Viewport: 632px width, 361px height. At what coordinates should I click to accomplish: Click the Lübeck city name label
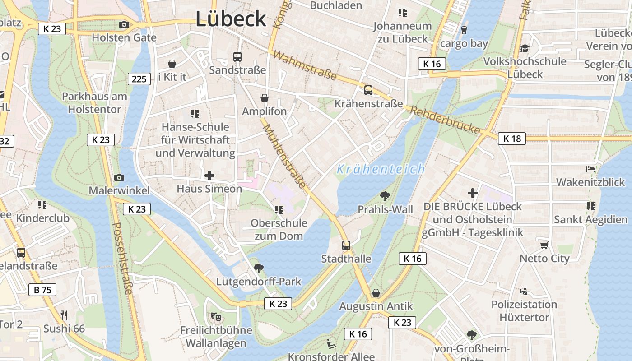click(231, 19)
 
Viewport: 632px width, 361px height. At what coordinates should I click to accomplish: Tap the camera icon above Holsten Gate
click(124, 24)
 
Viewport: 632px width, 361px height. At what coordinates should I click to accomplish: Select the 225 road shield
click(139, 79)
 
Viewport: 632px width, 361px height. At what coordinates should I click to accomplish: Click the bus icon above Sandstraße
click(237, 56)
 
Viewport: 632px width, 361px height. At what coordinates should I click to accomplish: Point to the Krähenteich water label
click(381, 169)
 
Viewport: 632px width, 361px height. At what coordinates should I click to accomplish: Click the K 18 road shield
click(512, 139)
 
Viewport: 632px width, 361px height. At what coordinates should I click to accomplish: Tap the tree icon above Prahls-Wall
click(385, 196)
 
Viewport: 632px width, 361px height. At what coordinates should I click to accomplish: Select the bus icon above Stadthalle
click(346, 245)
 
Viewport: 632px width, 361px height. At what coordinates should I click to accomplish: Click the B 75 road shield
click(42, 290)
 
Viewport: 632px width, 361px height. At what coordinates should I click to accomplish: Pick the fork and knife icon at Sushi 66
click(64, 315)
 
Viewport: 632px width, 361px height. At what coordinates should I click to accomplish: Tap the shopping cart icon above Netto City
click(544, 245)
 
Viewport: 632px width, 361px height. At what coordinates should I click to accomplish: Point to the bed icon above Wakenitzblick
click(590, 169)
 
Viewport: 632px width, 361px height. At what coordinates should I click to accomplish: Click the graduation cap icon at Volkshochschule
click(525, 48)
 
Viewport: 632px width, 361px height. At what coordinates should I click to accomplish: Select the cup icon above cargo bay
click(464, 30)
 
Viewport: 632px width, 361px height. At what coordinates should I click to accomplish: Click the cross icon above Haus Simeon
click(209, 175)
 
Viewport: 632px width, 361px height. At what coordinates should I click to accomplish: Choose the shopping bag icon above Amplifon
click(265, 98)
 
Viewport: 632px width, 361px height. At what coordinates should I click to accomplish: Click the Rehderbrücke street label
click(445, 120)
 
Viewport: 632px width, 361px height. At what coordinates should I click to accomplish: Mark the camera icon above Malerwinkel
click(119, 177)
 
